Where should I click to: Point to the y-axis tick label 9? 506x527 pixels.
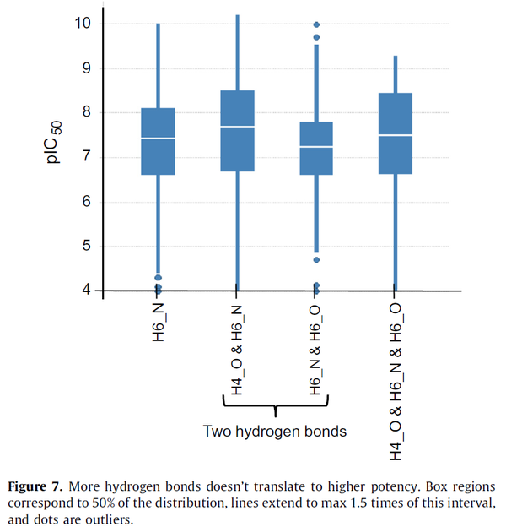tap(85, 68)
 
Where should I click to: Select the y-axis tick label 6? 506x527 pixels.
tap(85, 202)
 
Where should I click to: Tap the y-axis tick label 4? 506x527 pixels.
tap(85, 291)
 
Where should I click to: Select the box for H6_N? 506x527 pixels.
tap(158, 141)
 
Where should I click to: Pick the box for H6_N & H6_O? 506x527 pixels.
tap(317, 148)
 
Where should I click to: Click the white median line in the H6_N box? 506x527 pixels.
tap(158, 138)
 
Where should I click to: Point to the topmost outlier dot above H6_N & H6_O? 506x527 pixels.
tap(317, 25)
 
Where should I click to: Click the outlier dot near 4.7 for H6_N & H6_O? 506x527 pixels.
tap(317, 260)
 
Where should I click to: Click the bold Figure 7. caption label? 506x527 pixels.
tap(39, 486)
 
